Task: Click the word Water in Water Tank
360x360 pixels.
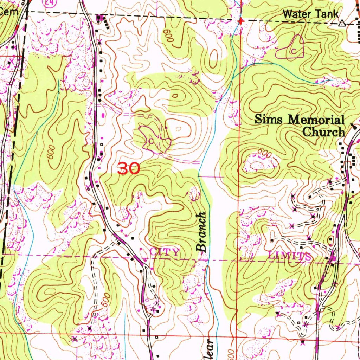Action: click(296, 14)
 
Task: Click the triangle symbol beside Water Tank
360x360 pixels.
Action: click(341, 24)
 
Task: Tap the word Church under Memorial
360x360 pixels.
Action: click(323, 132)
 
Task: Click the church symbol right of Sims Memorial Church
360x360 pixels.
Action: click(353, 125)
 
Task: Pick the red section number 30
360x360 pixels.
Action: click(129, 169)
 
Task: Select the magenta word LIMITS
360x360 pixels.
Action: click(289, 256)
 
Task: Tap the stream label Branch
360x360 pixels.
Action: click(201, 232)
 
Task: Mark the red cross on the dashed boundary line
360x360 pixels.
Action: click(240, 21)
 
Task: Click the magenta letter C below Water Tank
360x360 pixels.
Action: click(293, 51)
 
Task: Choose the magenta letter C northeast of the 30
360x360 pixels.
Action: click(151, 141)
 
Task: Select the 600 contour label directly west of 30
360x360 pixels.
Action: click(51, 151)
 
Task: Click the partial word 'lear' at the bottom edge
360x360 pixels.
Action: click(210, 350)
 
